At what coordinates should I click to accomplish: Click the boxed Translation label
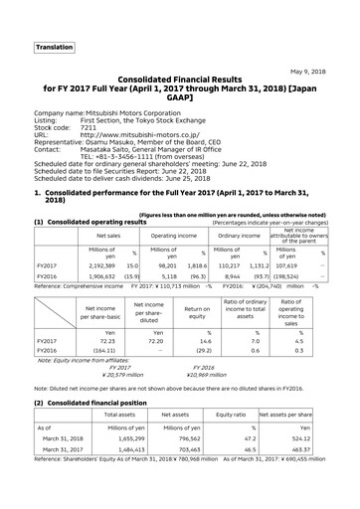click(54, 48)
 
